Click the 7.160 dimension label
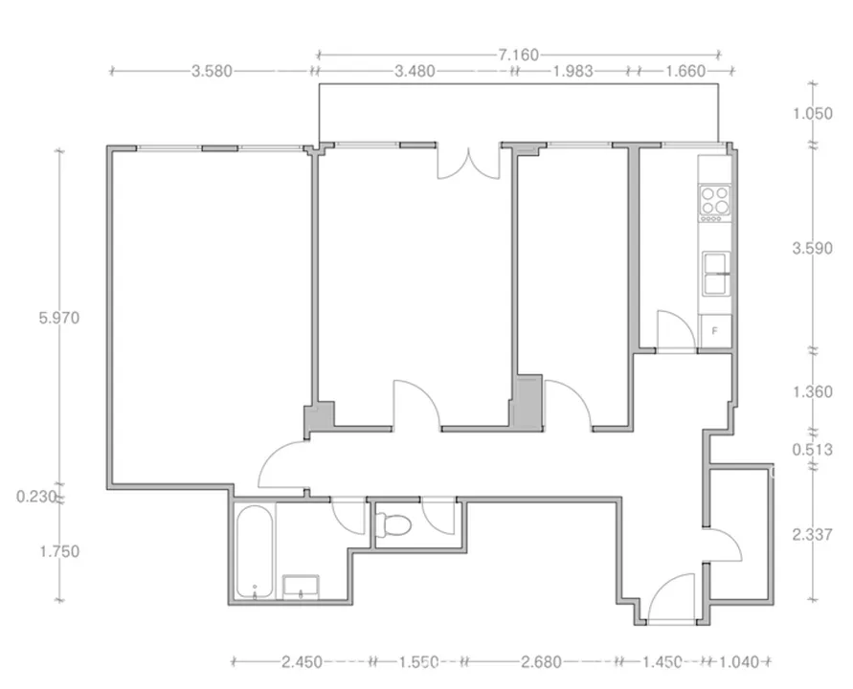pyautogui.click(x=519, y=55)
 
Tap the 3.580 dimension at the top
pyautogui.click(x=212, y=71)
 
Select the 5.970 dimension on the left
pyautogui.click(x=59, y=318)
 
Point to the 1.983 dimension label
pyautogui.click(x=572, y=71)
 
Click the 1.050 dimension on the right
pyautogui.click(x=812, y=114)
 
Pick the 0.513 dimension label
pyautogui.click(x=812, y=450)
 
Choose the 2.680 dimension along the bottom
pyautogui.click(x=541, y=662)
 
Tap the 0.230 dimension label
pyautogui.click(x=36, y=497)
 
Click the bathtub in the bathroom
pyautogui.click(x=255, y=551)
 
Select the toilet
pyautogui.click(x=394, y=524)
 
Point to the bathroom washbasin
pyautogui.click(x=301, y=587)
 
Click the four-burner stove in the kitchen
pyautogui.click(x=715, y=204)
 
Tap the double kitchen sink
pyautogui.click(x=716, y=274)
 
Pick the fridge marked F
pyautogui.click(x=715, y=331)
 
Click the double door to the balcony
pyautogui.click(x=468, y=162)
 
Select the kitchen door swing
pyautogui.click(x=676, y=331)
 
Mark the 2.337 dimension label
pyautogui.click(x=812, y=535)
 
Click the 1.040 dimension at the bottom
pyautogui.click(x=739, y=662)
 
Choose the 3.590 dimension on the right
pyautogui.click(x=812, y=249)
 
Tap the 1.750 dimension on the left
pyautogui.click(x=59, y=552)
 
